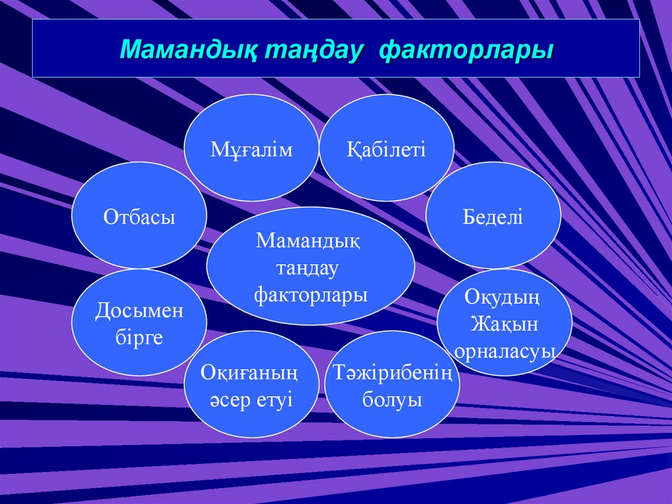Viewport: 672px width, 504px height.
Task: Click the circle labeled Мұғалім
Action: point(251,148)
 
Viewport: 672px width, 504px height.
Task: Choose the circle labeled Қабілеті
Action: point(387,148)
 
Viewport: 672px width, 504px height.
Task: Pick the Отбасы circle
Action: point(139,216)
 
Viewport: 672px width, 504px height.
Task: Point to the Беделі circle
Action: point(493,216)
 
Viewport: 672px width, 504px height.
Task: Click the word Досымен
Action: point(139,310)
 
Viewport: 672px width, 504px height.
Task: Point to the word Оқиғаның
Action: point(250,374)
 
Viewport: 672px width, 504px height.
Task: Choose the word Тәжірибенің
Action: point(392,374)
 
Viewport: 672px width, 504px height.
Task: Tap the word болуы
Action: point(392,400)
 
